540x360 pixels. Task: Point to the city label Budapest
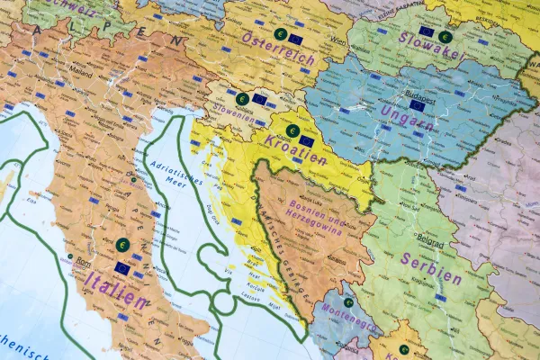pos(420,92)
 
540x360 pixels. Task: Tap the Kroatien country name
pos(295,153)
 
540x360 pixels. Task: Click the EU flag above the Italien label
pos(122,268)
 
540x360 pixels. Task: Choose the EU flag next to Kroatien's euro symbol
pos(307,140)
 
